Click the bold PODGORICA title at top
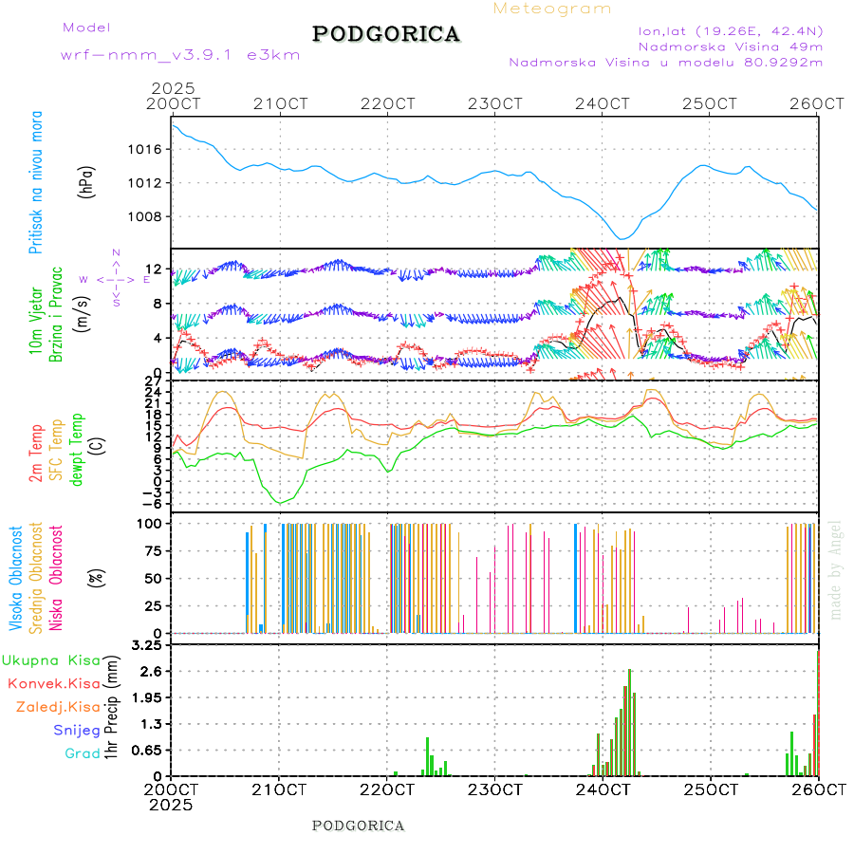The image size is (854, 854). [386, 34]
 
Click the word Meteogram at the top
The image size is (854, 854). [552, 9]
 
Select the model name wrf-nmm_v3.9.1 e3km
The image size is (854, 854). [180, 54]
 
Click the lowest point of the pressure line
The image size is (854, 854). [622, 238]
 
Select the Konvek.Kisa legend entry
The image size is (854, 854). [53, 683]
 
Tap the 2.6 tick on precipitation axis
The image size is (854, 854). [151, 671]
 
